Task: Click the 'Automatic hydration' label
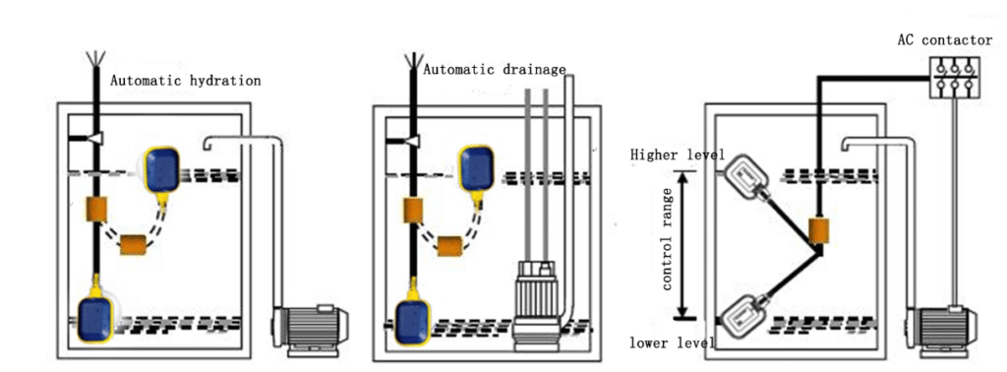[x=185, y=81]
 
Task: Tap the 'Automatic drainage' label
[x=495, y=70]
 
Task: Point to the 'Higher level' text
[x=678, y=155]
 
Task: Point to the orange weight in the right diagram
[x=817, y=232]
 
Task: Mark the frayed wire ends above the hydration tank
[x=94, y=61]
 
